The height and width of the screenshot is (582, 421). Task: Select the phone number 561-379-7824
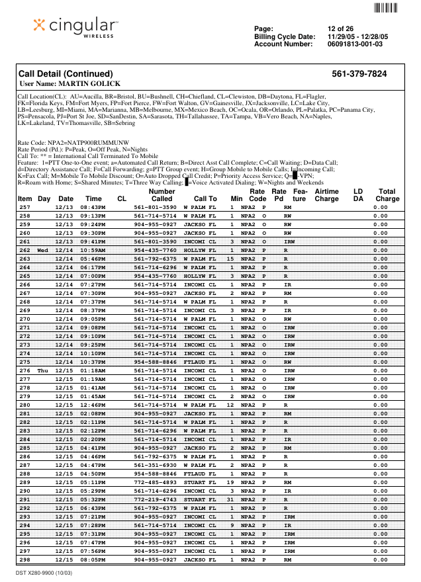tap(359, 74)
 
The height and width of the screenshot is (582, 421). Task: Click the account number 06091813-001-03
tap(355, 44)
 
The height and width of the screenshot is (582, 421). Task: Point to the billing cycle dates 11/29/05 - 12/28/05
tap(359, 36)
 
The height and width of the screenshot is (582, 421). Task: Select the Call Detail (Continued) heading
tap(66, 74)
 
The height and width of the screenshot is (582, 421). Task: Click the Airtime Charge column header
tap(326, 194)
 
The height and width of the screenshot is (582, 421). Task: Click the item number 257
tap(24, 207)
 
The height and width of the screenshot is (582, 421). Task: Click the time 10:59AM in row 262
tap(93, 251)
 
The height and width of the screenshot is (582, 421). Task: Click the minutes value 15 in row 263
tap(231, 259)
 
